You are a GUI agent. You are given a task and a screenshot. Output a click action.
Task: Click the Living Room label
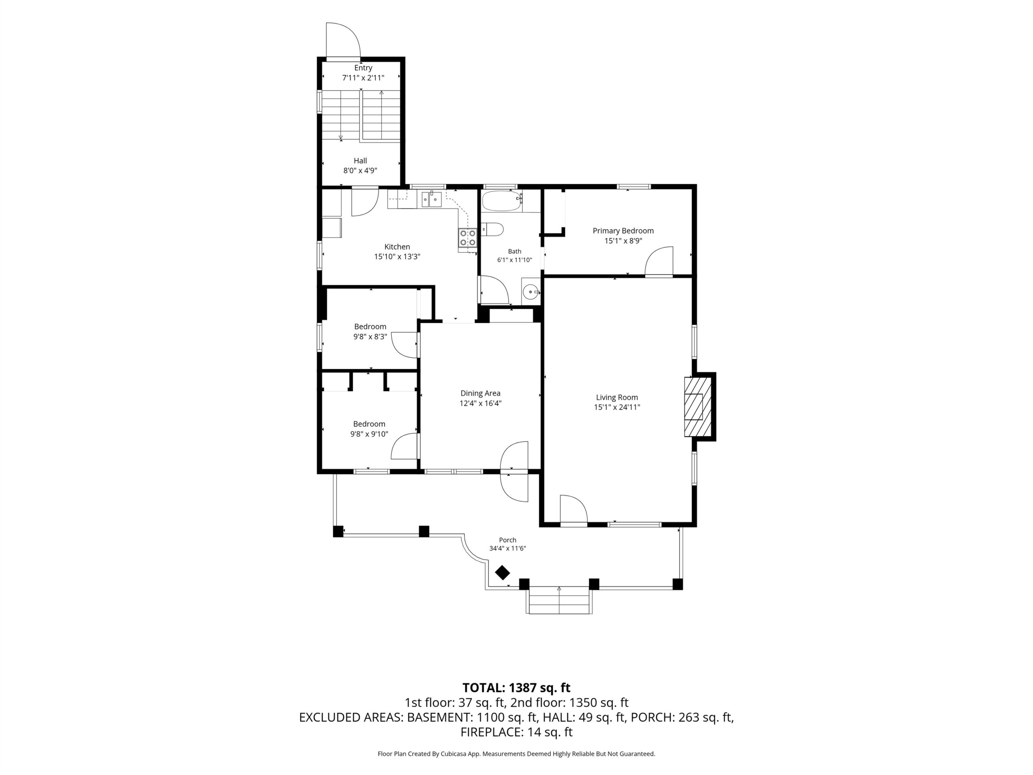[617, 398]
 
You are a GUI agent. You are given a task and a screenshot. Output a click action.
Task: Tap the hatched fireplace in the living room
[698, 407]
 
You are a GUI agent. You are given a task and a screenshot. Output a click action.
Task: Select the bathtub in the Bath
[502, 201]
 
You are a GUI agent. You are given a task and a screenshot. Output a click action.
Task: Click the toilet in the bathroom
[492, 229]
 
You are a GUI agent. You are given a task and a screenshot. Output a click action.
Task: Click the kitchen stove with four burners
[467, 237]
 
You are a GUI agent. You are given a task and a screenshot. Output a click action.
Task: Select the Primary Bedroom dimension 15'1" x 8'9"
[623, 241]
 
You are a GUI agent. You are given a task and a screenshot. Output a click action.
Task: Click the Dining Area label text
[480, 393]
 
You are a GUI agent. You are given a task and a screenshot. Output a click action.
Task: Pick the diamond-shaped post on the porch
[502, 573]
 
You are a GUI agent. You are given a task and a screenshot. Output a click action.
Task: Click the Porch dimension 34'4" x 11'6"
[508, 549]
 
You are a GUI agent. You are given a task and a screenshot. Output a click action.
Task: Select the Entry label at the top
[363, 68]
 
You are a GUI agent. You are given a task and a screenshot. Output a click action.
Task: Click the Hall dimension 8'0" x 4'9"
[360, 170]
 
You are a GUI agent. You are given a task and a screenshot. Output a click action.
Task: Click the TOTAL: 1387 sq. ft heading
[516, 688]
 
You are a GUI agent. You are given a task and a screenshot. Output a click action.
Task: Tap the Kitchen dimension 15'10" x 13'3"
[397, 256]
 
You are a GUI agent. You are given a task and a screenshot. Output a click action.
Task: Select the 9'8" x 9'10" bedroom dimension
[369, 434]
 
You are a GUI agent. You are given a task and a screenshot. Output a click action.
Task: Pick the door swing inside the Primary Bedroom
[659, 261]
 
